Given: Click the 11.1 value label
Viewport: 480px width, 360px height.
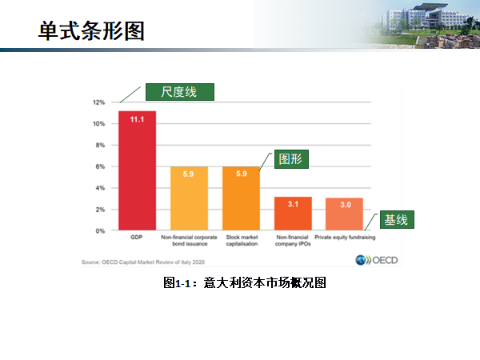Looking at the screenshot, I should click(x=137, y=119).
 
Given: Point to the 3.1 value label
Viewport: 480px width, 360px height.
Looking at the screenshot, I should click(x=293, y=204).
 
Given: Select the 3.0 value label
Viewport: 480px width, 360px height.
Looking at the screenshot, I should click(x=344, y=205).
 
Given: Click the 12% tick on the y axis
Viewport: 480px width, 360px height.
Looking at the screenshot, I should click(x=99, y=102).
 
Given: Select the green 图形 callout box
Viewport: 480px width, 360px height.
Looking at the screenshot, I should click(x=292, y=158).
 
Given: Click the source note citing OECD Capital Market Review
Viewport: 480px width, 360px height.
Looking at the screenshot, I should click(x=145, y=262).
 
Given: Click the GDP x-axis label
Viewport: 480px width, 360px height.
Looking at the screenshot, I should click(x=137, y=238).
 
